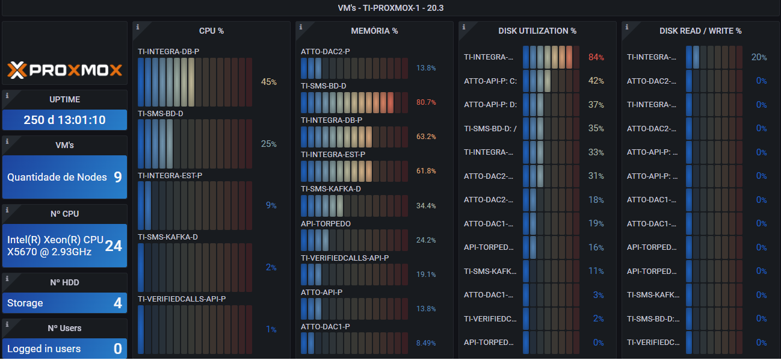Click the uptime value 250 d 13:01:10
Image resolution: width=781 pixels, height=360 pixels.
click(x=65, y=120)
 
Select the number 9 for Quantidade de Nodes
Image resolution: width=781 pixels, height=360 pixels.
click(x=118, y=177)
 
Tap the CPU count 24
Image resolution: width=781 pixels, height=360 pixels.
click(x=114, y=246)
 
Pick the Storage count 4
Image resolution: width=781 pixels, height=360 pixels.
click(x=118, y=303)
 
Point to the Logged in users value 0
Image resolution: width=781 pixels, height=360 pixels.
click(x=118, y=349)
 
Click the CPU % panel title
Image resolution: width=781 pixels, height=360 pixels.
click(x=211, y=31)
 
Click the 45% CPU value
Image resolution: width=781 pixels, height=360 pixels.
click(x=268, y=82)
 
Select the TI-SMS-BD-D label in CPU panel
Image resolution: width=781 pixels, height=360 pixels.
click(x=161, y=113)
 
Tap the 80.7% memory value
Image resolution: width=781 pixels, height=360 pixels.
click(x=426, y=102)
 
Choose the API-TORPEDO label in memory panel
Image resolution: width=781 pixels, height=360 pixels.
click(x=326, y=224)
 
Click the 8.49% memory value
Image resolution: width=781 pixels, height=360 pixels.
click(x=426, y=343)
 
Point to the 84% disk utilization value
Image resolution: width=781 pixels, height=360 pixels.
click(x=596, y=57)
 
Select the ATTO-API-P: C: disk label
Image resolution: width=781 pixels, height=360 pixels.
click(x=490, y=81)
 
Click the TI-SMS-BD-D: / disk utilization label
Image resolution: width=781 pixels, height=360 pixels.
click(x=490, y=128)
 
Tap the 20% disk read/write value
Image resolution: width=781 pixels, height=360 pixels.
click(x=759, y=57)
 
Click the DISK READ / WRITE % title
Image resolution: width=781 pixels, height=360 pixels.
click(x=700, y=31)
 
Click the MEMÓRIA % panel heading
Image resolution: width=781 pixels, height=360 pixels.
click(x=374, y=31)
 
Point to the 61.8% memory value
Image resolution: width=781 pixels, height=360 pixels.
click(x=426, y=171)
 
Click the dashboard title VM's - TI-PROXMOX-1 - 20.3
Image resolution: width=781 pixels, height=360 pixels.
click(x=390, y=8)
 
